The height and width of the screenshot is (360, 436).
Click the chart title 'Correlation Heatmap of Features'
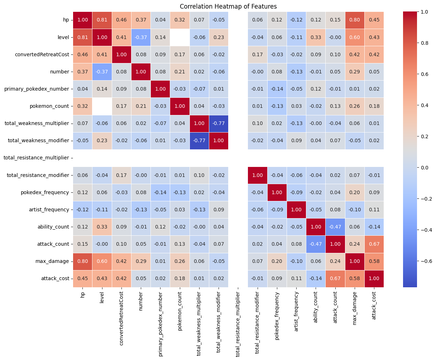(x=228, y=6)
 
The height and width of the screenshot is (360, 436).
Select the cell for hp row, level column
(x=102, y=20)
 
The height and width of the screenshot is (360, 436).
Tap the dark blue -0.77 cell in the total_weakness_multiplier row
(x=219, y=124)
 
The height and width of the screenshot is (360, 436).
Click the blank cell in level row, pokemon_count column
(x=180, y=37)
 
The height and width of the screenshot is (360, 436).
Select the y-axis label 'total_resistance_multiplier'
(x=36, y=158)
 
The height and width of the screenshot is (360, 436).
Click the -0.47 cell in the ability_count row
(x=335, y=227)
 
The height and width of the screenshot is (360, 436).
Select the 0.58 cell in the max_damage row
(x=374, y=261)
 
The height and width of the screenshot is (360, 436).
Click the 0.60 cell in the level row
(x=355, y=37)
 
